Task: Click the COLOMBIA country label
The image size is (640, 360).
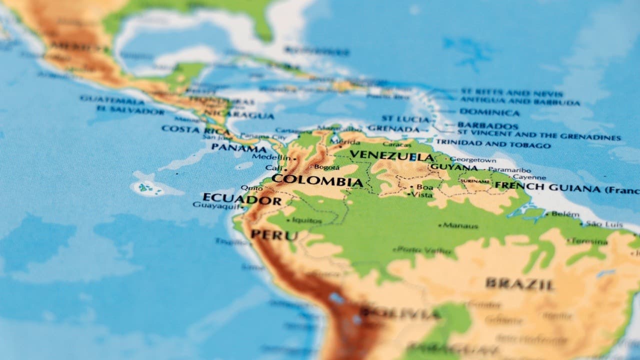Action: [x=317, y=180]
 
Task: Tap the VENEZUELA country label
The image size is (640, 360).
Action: [x=391, y=155]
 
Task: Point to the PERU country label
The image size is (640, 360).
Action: [x=274, y=234]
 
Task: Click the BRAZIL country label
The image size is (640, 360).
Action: [x=520, y=284]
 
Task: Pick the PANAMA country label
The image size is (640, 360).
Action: [x=238, y=147]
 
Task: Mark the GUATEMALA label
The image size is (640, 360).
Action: [x=112, y=99]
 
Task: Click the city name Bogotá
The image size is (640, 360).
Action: [x=327, y=167]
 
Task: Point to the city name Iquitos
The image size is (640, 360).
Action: [x=307, y=220]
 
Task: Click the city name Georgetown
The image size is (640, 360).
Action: [x=473, y=160]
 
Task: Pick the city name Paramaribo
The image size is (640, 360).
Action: [x=509, y=170]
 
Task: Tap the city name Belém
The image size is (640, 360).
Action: [x=565, y=214]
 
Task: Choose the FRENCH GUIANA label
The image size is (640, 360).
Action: [x=547, y=187]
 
